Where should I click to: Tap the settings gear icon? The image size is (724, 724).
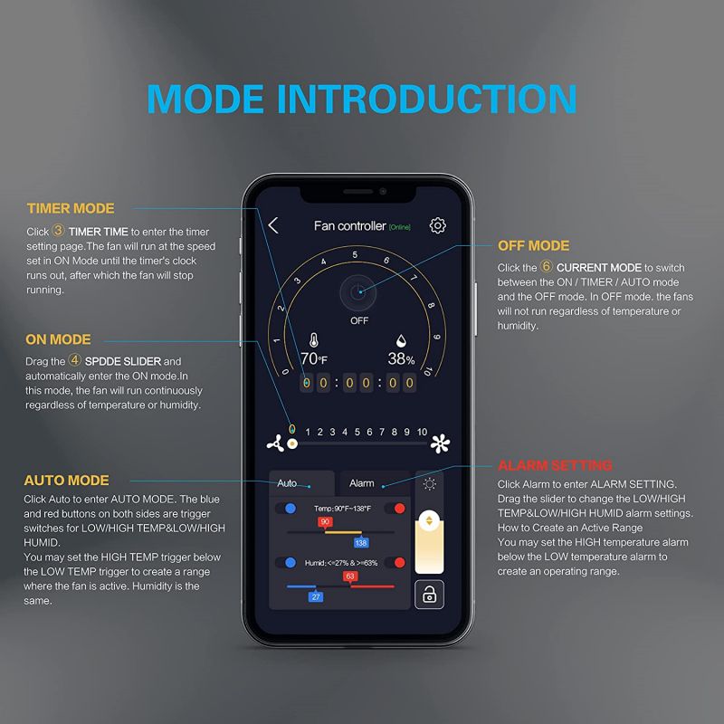[x=438, y=225]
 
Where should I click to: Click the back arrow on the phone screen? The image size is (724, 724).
[x=273, y=225]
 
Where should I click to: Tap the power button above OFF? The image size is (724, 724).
[x=357, y=292]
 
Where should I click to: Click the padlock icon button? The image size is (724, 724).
[x=429, y=595]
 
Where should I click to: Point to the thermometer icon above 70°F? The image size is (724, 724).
[x=314, y=340]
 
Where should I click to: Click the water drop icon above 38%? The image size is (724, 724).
[x=401, y=341]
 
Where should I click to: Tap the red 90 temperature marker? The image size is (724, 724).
[x=325, y=522]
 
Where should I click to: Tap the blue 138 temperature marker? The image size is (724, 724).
[x=361, y=542]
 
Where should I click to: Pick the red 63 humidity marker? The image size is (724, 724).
[x=350, y=576]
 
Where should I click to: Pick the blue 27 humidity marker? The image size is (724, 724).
[x=316, y=596]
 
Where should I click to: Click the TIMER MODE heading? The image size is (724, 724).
[x=71, y=209]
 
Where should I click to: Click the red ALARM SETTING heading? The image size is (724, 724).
[x=555, y=465]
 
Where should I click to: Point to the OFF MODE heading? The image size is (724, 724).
[x=533, y=245]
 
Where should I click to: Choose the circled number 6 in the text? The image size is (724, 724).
[x=547, y=266]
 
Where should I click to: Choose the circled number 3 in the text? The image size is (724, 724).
[x=58, y=230]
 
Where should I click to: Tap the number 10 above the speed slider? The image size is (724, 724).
[x=422, y=433]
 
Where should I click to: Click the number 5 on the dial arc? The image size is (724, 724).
[x=355, y=255]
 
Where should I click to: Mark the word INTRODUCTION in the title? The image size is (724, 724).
[x=427, y=99]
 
